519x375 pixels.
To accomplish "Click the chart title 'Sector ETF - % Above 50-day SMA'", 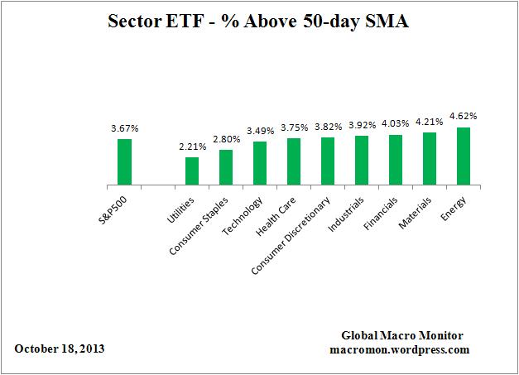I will click(259, 22).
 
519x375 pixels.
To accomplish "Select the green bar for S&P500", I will click(124, 162).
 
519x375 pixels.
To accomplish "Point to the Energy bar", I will click(464, 156).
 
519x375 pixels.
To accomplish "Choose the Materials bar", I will click(430, 159).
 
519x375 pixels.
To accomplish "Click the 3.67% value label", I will click(124, 128).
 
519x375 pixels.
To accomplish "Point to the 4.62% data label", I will click(464, 118).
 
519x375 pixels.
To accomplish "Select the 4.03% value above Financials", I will click(396, 125).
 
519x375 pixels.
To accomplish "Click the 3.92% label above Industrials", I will click(362, 126).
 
